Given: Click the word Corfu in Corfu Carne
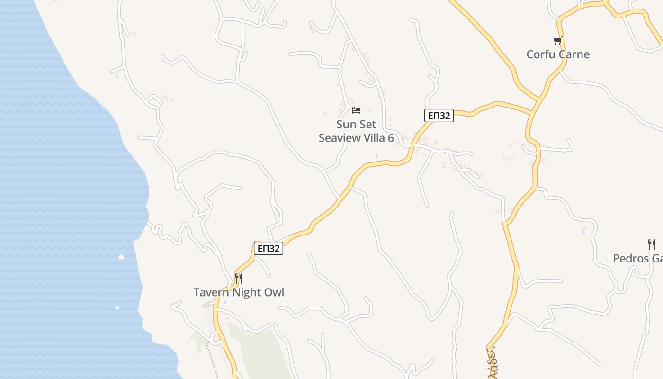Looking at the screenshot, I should point(541,54).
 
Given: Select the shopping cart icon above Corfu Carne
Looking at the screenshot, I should point(558,41).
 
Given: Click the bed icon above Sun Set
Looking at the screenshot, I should point(356,110).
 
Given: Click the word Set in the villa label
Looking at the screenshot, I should point(368,125).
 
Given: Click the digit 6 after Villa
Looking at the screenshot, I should point(391,138).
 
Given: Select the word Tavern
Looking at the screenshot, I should point(208,292).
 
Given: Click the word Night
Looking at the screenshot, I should point(240,292).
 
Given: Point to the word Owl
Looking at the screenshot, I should point(272,292).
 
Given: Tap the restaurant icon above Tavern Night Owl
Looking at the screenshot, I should point(239,278).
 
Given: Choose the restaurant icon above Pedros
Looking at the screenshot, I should point(652,244).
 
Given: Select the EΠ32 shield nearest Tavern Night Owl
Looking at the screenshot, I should point(269,248).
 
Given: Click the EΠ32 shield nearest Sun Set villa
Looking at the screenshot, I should point(439,116).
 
